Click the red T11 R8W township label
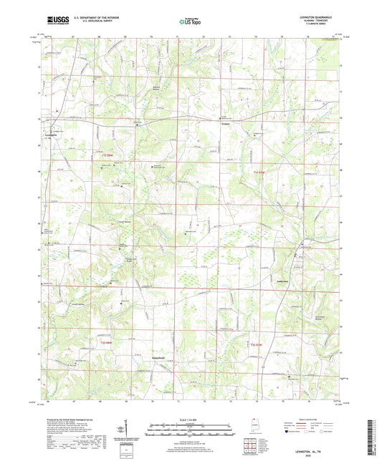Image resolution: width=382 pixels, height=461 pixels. tap(108, 155)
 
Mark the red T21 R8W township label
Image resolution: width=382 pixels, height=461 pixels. tap(108, 343)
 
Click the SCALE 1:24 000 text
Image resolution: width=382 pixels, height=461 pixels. tap(191, 419)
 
